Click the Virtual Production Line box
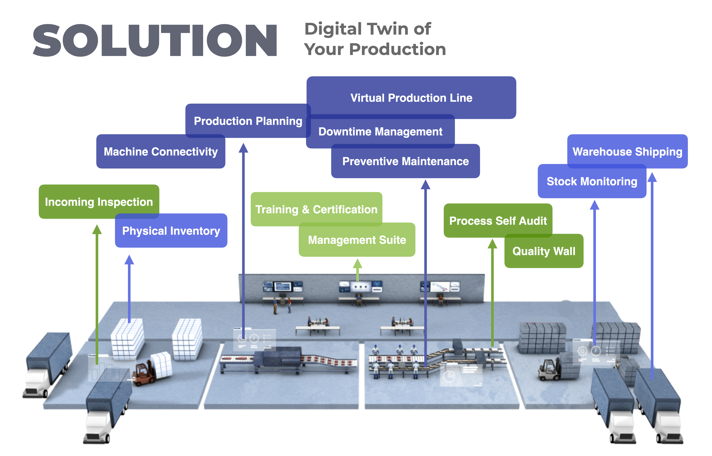[x=411, y=98]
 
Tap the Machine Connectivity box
[x=161, y=152]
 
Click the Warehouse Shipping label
[x=627, y=152]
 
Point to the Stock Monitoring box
[x=591, y=181]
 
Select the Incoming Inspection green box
[x=99, y=202]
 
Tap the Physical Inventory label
[x=171, y=231]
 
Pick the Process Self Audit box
[x=498, y=221]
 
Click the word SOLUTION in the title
[x=155, y=41]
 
